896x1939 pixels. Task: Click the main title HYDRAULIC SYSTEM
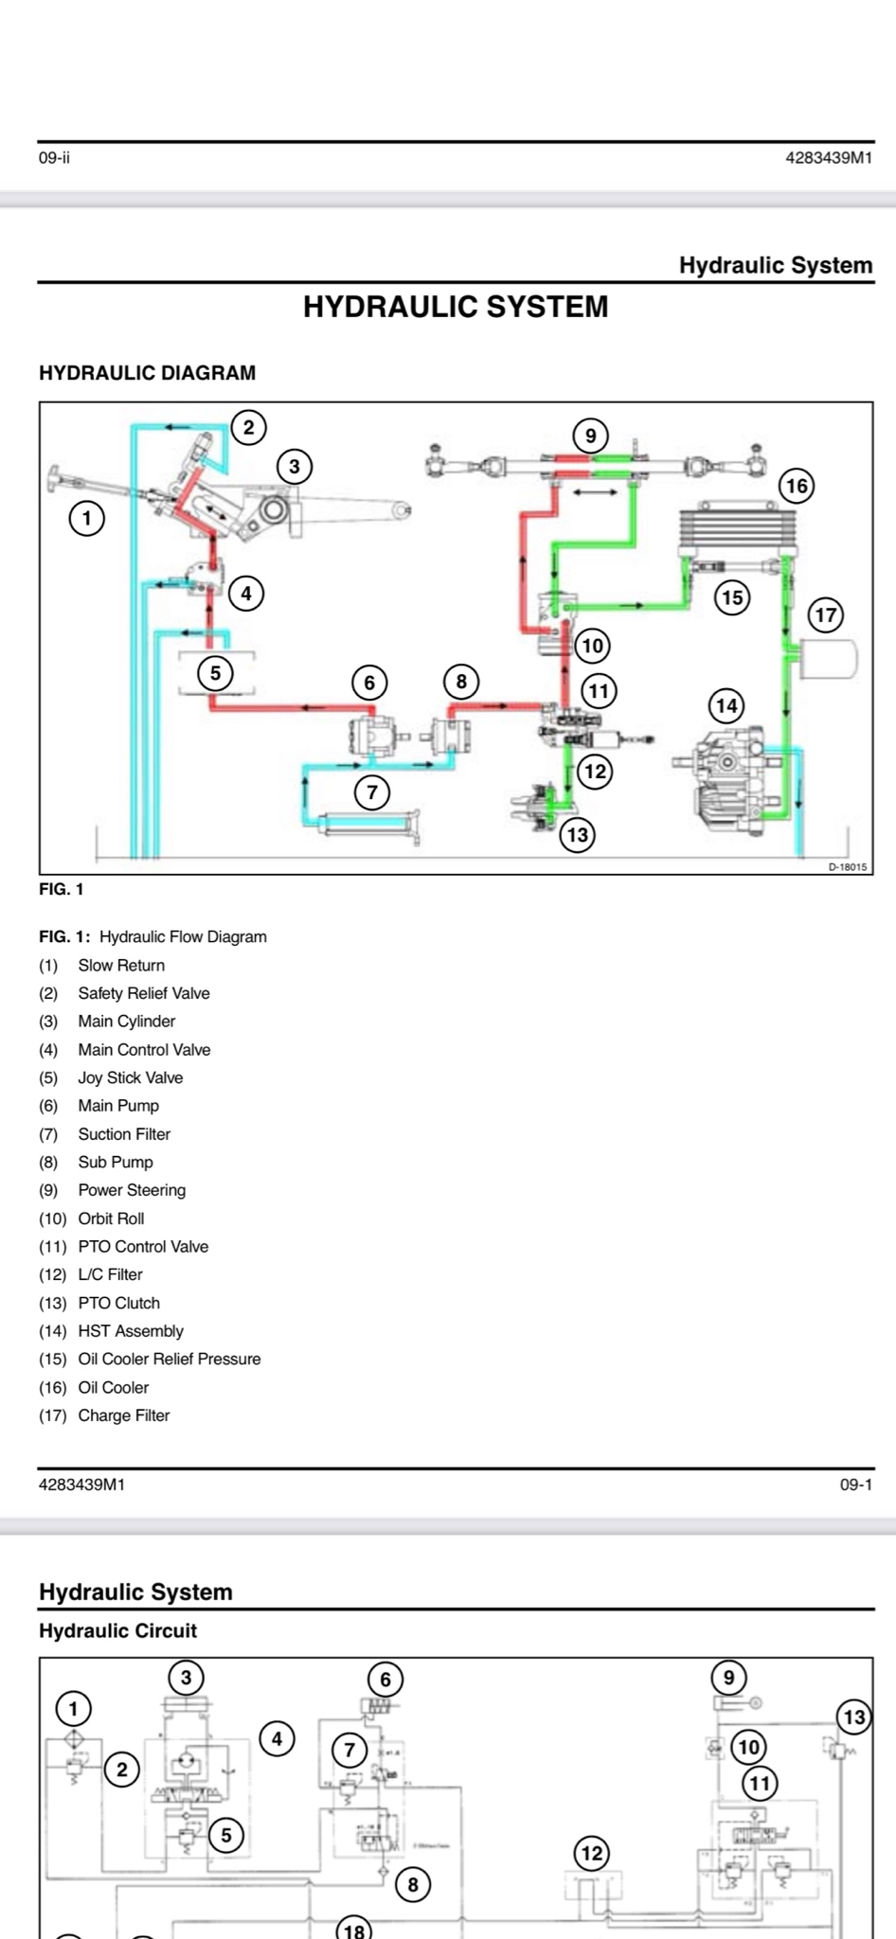[456, 307]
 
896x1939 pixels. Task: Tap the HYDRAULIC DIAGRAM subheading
[147, 373]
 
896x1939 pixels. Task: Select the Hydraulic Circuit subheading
[117, 1630]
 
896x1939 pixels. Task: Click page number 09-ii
[54, 158]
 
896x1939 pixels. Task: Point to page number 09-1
[855, 1485]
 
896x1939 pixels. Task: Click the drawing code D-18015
[847, 866]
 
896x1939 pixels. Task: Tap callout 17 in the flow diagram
[826, 615]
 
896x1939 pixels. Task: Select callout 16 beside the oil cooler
[797, 487]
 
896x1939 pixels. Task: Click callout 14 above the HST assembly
[726, 705]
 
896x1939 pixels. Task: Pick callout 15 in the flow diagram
[732, 597]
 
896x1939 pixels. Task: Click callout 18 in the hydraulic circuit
[354, 1929]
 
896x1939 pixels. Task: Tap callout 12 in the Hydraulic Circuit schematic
[592, 1853]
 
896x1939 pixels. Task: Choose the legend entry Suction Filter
[124, 1134]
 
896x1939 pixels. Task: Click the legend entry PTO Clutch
[118, 1303]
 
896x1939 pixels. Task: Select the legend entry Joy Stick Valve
[130, 1077]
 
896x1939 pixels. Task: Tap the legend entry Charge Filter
[123, 1415]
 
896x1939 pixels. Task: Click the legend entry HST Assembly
[131, 1331]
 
